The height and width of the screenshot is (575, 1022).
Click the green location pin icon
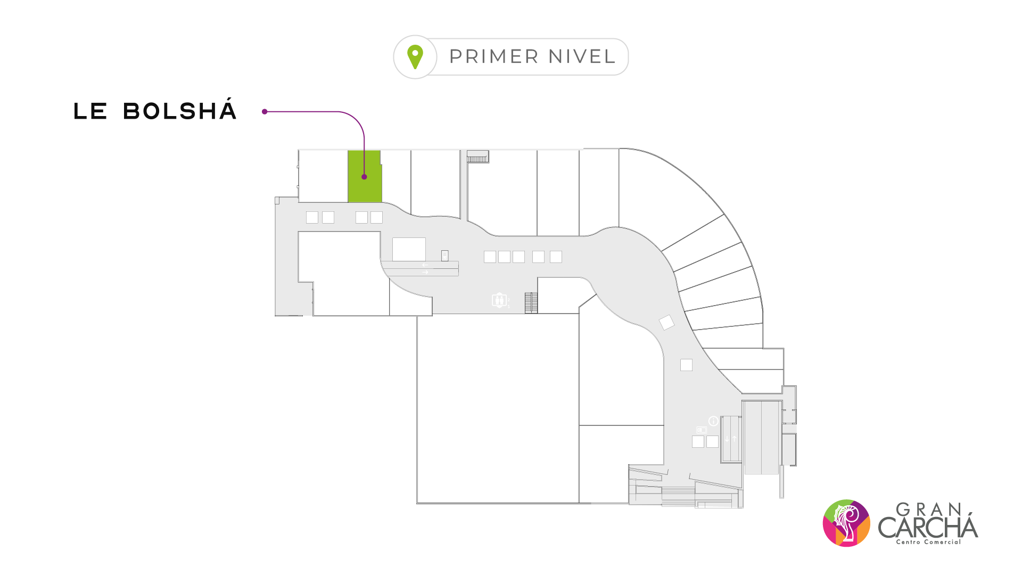coord(415,57)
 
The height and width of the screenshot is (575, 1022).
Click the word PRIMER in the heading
coord(494,56)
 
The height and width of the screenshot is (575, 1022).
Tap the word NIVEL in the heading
coord(582,56)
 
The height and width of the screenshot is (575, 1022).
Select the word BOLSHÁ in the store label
coord(180,111)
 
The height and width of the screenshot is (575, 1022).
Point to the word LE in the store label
coord(90,111)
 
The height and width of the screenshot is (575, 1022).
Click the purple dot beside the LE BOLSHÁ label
coord(265,112)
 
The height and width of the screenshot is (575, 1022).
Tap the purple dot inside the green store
coord(364,177)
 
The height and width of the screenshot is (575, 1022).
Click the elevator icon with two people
coord(499,300)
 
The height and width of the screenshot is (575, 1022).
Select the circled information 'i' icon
coord(713,421)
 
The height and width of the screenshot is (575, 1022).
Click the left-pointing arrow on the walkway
coord(425,265)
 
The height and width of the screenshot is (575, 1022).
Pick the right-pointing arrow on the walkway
coord(425,273)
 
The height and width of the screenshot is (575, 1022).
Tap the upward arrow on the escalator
coord(735,439)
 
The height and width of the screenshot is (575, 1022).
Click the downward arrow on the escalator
coord(727,439)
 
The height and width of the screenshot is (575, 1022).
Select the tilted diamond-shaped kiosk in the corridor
coord(666,322)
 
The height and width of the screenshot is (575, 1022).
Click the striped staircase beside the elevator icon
coord(531,303)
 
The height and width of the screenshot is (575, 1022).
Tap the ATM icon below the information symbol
coord(702,430)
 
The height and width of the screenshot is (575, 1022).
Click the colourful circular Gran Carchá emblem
coord(846,523)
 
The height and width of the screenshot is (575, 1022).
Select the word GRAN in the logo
coord(928,510)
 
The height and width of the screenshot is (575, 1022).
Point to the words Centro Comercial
coord(928,542)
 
